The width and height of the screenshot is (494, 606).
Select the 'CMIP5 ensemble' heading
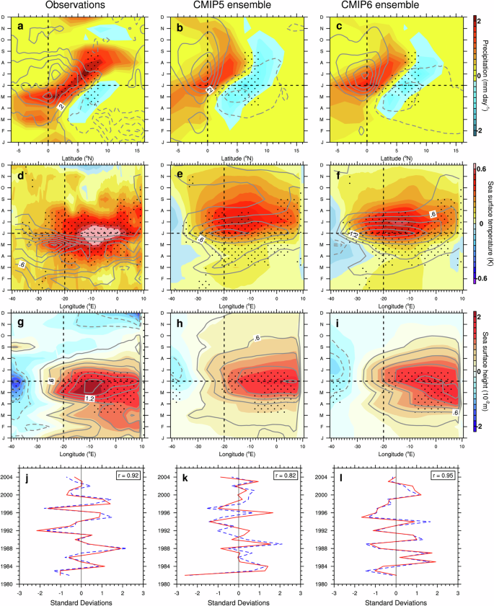pos(239,6)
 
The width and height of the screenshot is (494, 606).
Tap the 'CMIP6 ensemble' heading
pos(398,6)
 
